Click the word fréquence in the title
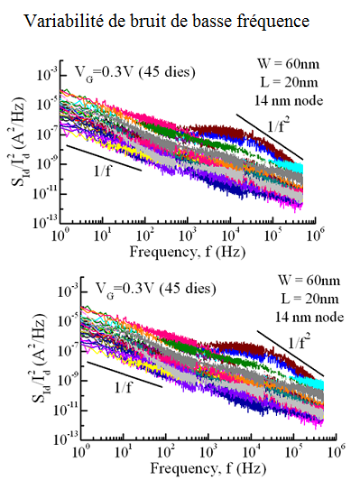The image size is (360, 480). (x=271, y=19)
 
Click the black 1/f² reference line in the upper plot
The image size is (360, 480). (x=270, y=138)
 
